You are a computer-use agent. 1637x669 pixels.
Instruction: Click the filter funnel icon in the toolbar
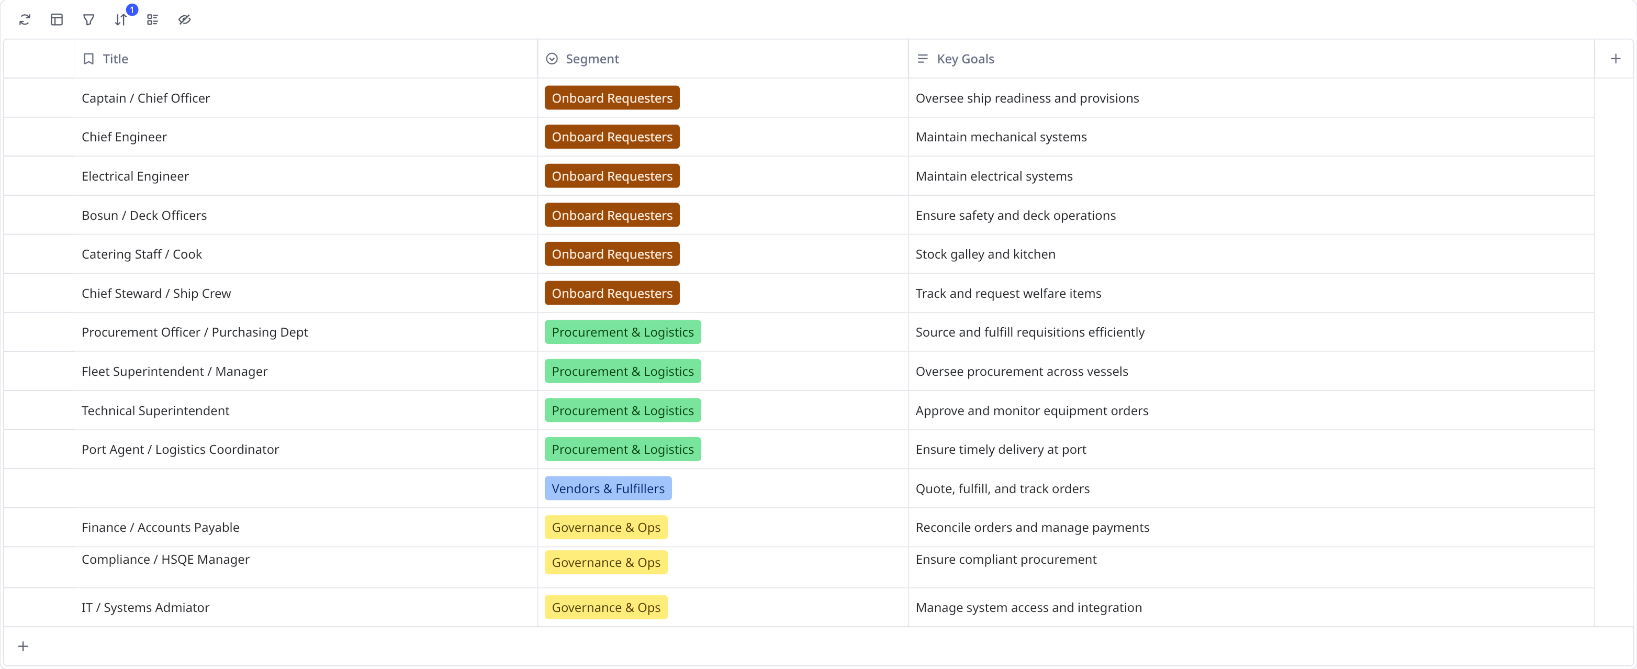[x=89, y=20]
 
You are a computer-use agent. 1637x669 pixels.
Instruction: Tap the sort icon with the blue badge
[x=121, y=20]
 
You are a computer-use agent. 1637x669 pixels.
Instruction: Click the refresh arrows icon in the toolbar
[x=25, y=20]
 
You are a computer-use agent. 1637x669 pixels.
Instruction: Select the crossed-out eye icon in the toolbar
[x=184, y=20]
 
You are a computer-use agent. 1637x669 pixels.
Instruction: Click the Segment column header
[x=591, y=59]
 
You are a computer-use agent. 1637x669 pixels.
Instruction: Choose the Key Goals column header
[x=965, y=59]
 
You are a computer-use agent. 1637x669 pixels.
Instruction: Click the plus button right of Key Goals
[x=1616, y=59]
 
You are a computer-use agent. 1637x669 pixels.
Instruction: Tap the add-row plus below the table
[x=23, y=646]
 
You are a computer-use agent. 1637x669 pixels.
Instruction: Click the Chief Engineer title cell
[x=124, y=137]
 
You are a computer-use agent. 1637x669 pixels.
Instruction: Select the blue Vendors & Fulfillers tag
[x=608, y=488]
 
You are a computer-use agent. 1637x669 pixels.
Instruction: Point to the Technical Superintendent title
[x=155, y=411]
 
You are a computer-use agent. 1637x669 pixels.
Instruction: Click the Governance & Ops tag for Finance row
[x=606, y=527]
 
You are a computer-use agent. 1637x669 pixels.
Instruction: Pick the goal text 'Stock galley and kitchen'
[x=985, y=254]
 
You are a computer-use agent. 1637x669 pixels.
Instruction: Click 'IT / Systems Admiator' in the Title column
[x=145, y=607]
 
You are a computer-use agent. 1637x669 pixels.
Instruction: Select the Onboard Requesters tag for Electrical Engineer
[x=611, y=176]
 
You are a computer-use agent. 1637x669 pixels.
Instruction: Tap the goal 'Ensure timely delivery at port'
[x=1000, y=450]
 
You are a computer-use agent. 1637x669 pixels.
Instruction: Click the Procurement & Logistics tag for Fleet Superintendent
[x=622, y=371]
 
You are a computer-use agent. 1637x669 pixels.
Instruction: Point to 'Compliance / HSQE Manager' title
[x=165, y=560]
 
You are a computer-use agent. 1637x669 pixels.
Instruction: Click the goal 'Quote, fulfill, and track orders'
[x=1002, y=488]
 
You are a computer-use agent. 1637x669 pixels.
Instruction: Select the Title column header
[x=115, y=59]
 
